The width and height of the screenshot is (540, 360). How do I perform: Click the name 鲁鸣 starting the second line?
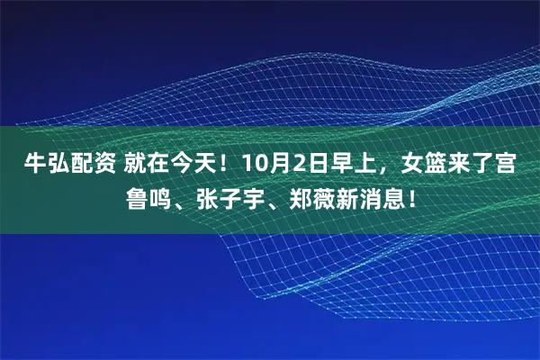[x=154, y=195]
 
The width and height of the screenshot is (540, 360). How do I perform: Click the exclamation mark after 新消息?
[x=410, y=195]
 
